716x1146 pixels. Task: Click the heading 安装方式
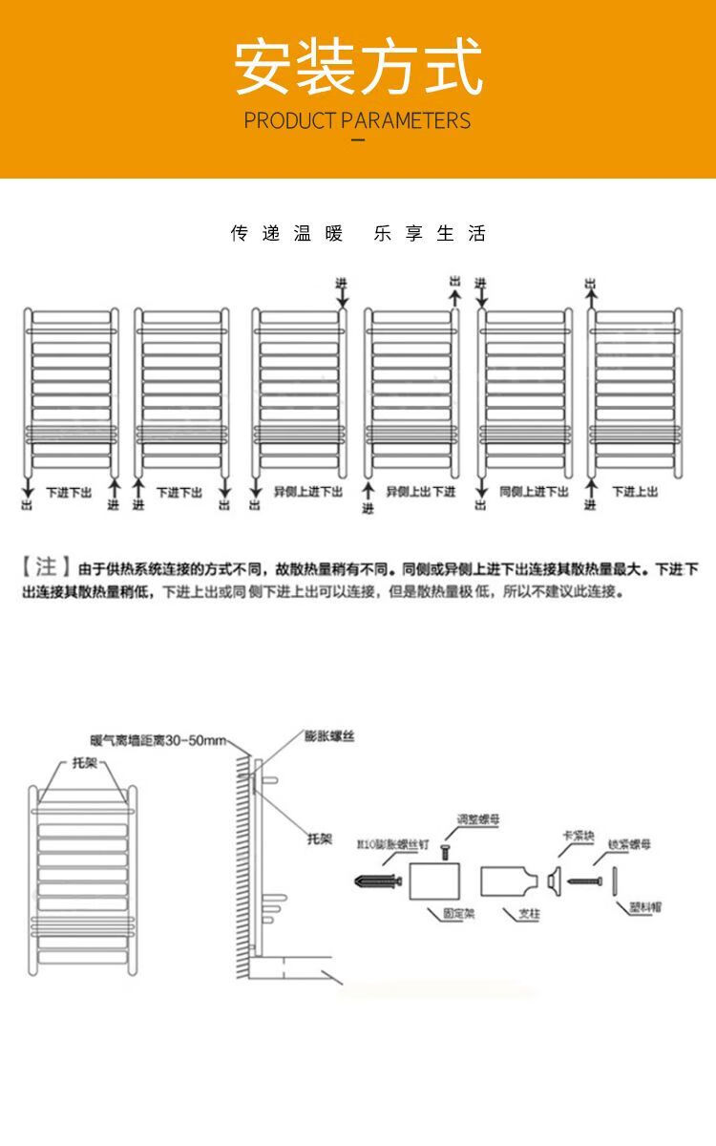358,67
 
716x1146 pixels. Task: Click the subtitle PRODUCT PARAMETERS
358,120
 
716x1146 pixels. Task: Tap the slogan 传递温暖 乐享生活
358,234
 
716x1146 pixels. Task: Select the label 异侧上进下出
307,492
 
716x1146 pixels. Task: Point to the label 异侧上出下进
421,492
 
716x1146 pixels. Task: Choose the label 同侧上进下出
534,492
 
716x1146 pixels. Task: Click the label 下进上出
635,492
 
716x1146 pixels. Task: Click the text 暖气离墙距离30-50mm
158,741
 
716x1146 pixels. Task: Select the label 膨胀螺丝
329,736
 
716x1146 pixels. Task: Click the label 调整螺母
477,819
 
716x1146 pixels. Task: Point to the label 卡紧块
575,836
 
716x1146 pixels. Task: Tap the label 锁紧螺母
630,845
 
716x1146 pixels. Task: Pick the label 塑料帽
645,906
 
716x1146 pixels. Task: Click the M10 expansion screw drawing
377,880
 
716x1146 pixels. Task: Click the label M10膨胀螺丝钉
390,845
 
